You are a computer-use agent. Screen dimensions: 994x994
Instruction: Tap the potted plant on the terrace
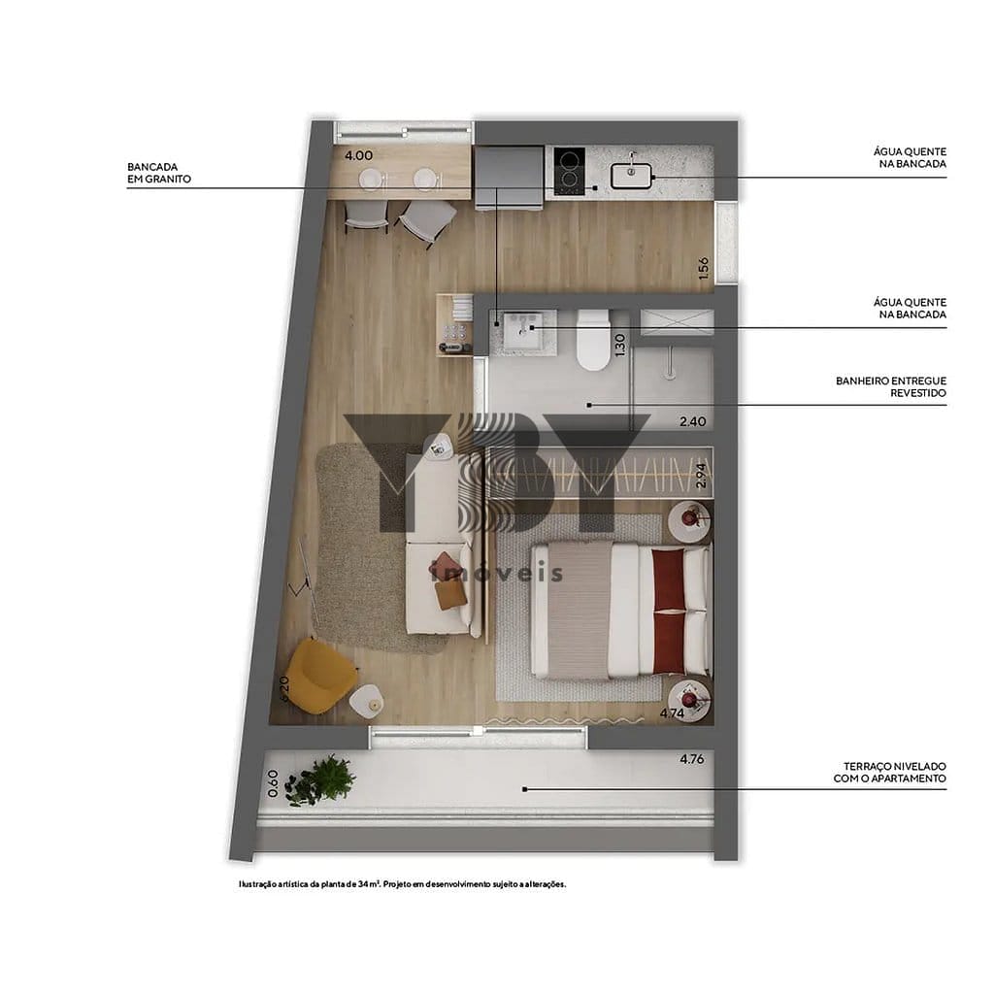321,779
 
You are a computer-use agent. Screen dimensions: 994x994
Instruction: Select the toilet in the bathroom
593,340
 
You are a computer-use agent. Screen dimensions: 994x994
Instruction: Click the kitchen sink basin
631,176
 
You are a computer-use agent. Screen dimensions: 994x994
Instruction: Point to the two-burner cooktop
569,171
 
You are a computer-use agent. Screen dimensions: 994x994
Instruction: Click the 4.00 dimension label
358,155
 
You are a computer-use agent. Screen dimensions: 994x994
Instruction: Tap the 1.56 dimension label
703,268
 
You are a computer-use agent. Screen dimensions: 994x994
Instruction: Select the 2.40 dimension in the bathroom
692,421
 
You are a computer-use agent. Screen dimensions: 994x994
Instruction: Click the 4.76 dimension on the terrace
691,759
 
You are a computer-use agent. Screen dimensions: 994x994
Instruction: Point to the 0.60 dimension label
273,783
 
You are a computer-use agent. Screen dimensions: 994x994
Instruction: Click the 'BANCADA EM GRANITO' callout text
159,173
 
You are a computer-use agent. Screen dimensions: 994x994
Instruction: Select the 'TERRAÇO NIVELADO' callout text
894,767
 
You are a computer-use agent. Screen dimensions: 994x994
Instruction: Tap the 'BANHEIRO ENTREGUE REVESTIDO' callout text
891,386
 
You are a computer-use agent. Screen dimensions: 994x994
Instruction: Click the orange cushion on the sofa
450,595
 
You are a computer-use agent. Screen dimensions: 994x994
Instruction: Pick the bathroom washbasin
522,330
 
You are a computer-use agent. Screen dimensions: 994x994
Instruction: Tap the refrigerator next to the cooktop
509,177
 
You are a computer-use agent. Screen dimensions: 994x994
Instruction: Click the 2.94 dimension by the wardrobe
701,476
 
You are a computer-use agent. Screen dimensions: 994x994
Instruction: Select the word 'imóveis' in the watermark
496,573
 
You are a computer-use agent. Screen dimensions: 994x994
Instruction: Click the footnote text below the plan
403,883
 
